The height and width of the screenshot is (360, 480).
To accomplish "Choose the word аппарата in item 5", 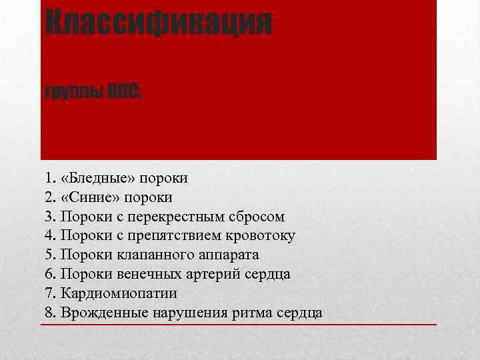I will pyautogui.click(x=229, y=255).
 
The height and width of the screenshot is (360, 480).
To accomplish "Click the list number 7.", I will pyautogui.click(x=50, y=293).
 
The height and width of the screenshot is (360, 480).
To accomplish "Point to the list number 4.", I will pyautogui.click(x=50, y=235).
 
